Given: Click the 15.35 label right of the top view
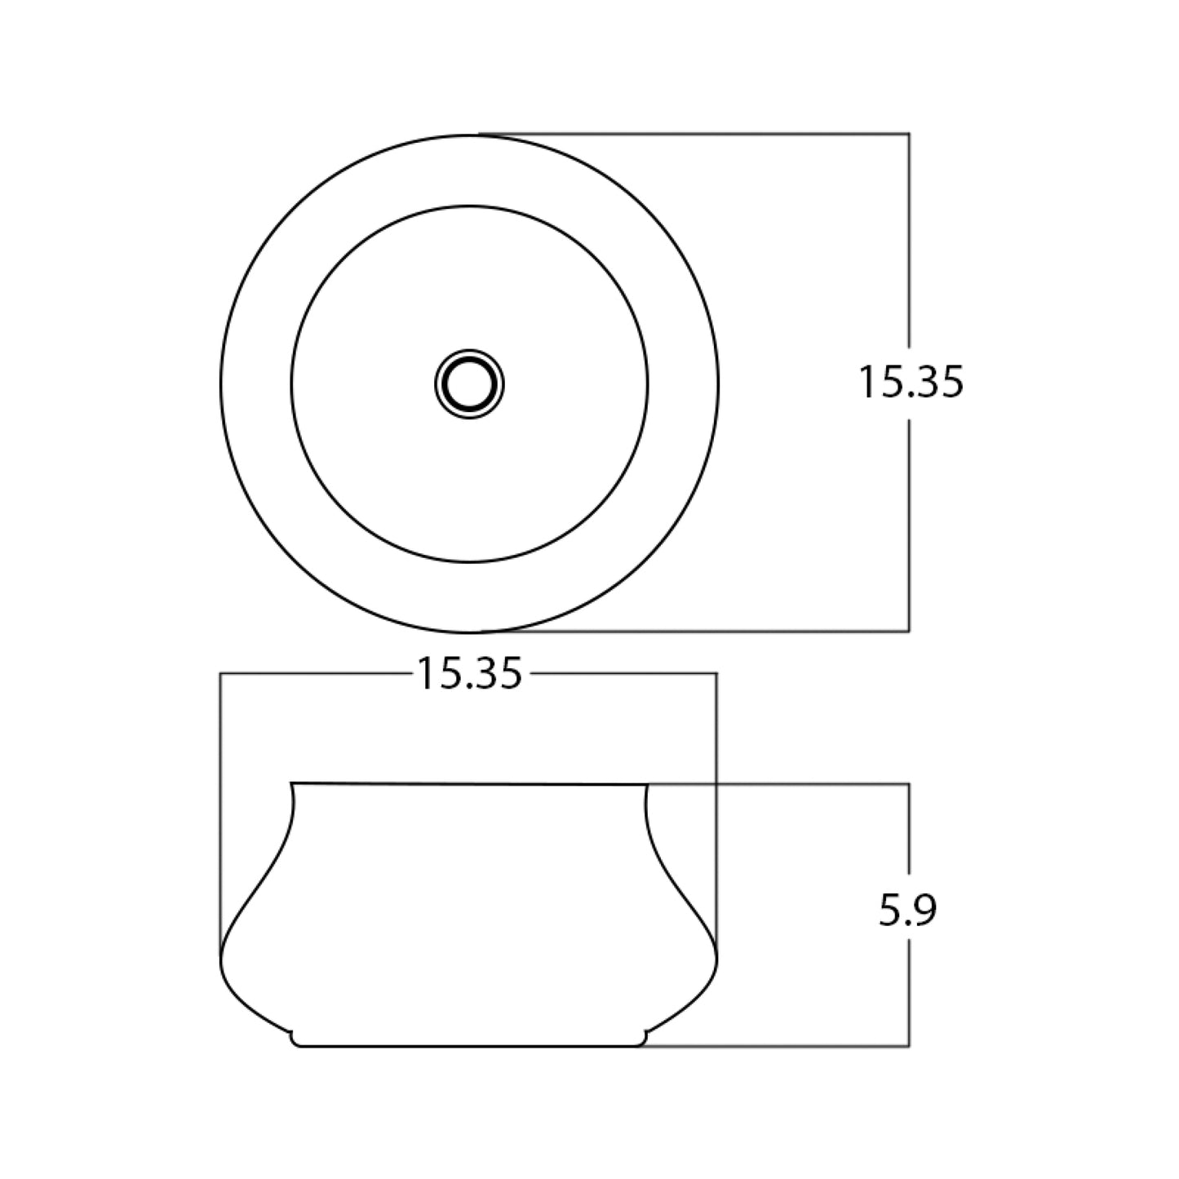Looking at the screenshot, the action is tap(911, 383).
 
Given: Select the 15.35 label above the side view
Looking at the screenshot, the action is tap(470, 673).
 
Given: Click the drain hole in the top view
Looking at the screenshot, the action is tap(469, 384).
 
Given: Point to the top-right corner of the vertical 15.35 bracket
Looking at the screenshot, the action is tap(909, 133).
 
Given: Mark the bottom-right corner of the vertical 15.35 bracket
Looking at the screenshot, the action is tap(909, 631).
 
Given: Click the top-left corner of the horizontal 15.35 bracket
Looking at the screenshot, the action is tap(220, 674).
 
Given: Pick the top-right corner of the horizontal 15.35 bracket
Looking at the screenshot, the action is tap(716, 674).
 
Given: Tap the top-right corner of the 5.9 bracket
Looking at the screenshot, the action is tap(909, 784).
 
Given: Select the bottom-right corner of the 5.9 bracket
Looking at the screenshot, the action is tap(909, 1046).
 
